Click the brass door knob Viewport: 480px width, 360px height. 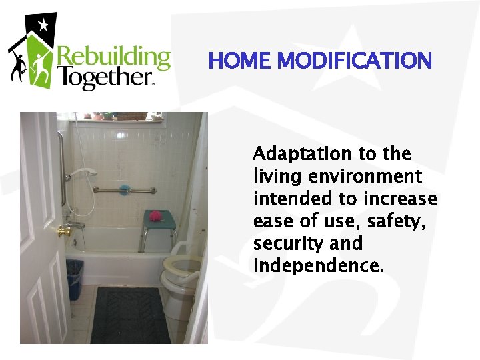click(x=64, y=231)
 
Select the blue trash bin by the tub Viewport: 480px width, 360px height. click(x=75, y=279)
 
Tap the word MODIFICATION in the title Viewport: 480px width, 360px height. click(x=355, y=61)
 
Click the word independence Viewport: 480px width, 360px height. click(x=319, y=267)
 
